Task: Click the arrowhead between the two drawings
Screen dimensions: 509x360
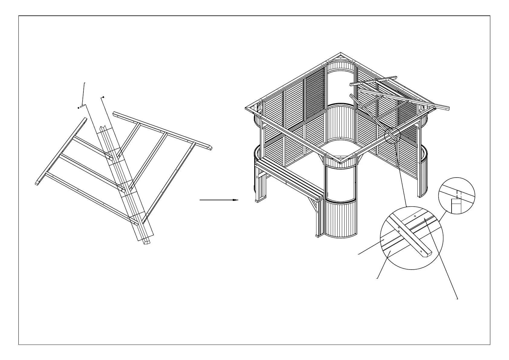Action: point(236,200)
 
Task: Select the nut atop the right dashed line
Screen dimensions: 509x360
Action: point(104,97)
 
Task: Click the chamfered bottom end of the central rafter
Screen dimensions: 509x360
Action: point(146,242)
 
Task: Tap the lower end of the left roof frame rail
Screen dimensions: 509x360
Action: point(37,183)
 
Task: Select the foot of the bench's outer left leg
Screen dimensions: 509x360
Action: point(258,201)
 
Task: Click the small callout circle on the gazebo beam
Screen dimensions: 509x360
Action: point(392,135)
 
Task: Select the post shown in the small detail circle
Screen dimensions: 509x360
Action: point(456,206)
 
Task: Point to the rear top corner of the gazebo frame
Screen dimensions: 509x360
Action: point(341,54)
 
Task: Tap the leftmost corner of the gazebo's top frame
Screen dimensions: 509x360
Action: point(247,108)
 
